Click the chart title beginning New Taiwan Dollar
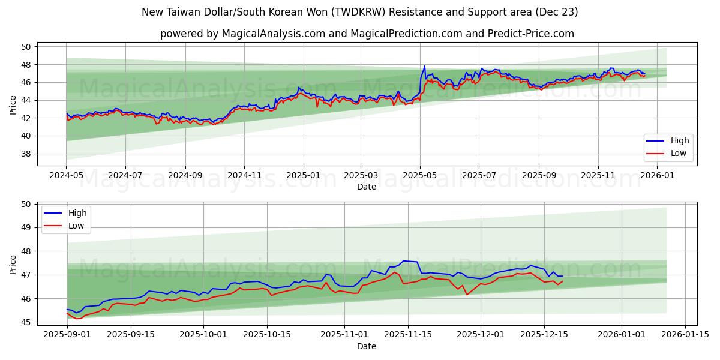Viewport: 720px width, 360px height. (360, 12)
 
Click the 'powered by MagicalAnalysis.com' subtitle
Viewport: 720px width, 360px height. (367, 34)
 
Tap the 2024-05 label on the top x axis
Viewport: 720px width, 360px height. (66, 176)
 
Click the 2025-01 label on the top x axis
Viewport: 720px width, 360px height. (303, 176)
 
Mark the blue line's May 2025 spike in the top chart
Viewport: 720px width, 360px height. (424, 67)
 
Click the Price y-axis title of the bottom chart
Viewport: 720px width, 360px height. (13, 263)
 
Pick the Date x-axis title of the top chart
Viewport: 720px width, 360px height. (367, 187)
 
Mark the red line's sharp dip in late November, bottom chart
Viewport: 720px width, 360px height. (467, 294)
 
